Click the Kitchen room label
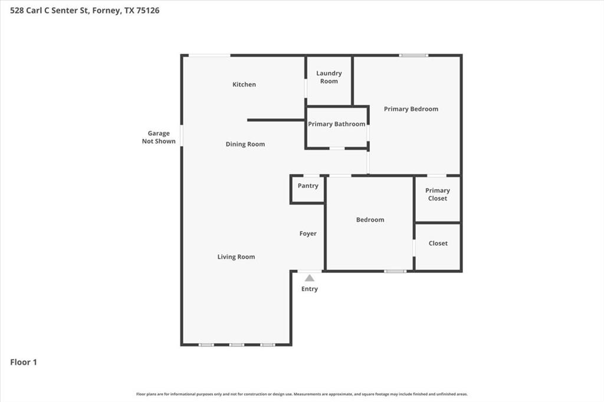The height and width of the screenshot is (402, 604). point(244,84)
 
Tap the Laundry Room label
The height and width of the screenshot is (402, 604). point(329,77)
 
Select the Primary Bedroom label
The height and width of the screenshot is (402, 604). point(411,109)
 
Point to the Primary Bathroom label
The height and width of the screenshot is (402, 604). point(336,124)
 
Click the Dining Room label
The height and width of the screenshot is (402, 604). point(245,144)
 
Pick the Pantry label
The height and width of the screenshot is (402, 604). point(308,186)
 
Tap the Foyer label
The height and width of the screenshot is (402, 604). point(308,234)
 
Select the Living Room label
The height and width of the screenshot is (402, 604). point(236,257)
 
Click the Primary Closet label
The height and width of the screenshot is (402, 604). point(438,195)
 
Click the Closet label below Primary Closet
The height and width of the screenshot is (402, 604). point(438,243)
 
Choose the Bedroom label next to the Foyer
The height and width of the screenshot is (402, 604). point(370,220)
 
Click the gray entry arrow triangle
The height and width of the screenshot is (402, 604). point(310,278)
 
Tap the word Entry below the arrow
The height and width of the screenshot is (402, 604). point(310,289)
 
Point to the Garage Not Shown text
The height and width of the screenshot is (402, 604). point(159,137)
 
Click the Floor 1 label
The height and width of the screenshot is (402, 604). point(24,363)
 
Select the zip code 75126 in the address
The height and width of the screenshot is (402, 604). point(148,10)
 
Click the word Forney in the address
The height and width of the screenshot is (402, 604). point(106,10)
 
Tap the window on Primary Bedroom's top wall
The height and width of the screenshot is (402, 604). point(413,55)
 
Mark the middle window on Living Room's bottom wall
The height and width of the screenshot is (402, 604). point(237,344)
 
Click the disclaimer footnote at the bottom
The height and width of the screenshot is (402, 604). point(302,394)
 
